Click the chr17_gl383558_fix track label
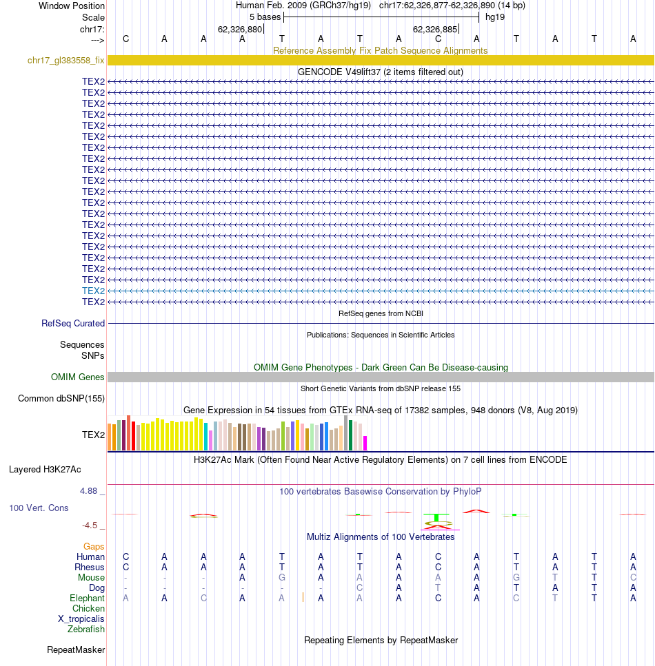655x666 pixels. tap(65, 61)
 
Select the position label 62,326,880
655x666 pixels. tap(240, 30)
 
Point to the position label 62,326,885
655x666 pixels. tap(435, 30)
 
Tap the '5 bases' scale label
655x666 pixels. tap(265, 17)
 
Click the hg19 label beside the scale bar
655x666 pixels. tap(495, 17)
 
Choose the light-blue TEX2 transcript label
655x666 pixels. tap(93, 291)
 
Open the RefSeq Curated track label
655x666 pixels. tap(72, 323)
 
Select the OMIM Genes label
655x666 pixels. tap(77, 377)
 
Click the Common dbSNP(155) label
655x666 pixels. tap(61, 398)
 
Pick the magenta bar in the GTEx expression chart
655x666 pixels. tap(365, 443)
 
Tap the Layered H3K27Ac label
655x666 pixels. tap(45, 469)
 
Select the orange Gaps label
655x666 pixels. tap(94, 547)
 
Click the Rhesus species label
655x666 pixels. tap(90, 568)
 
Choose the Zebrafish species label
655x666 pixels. tap(86, 629)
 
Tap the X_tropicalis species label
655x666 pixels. tap(81, 619)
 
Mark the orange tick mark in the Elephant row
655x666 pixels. tap(303, 598)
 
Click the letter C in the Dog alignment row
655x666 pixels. tap(359, 588)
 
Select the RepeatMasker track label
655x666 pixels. tap(76, 650)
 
